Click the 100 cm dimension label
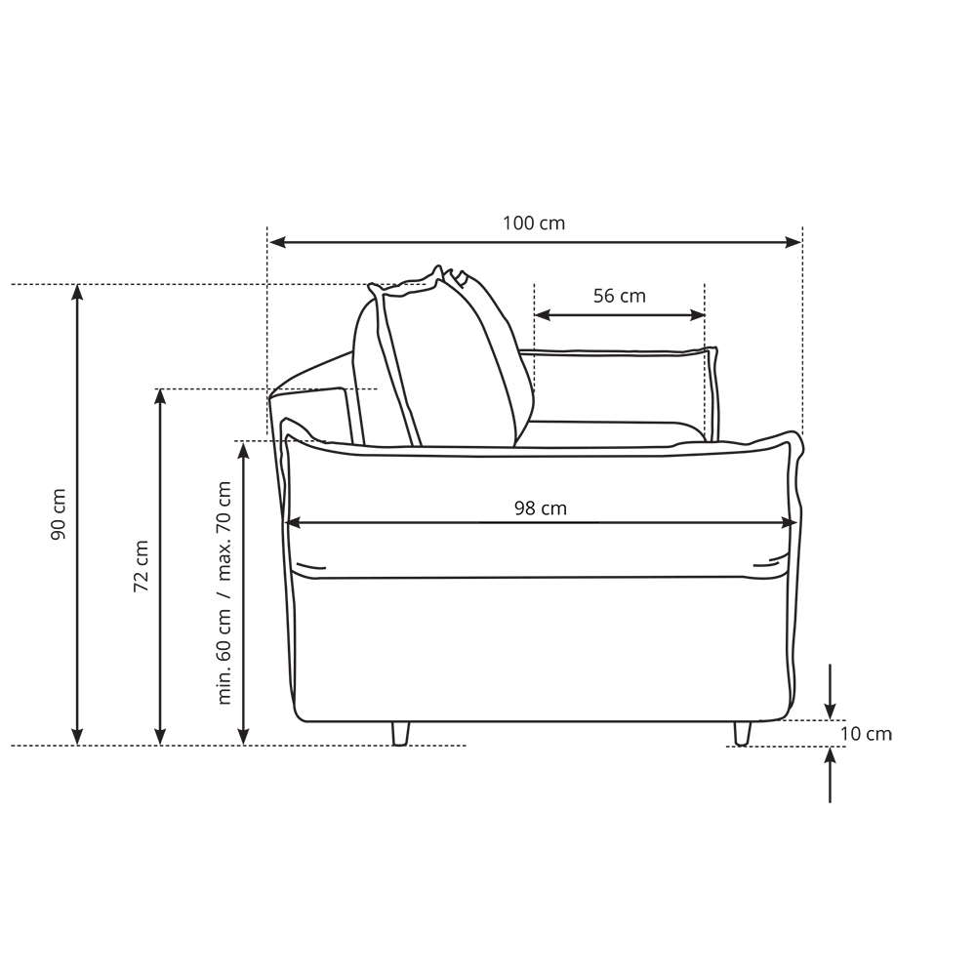tap(534, 223)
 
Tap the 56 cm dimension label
tap(620, 296)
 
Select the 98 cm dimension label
tap(541, 508)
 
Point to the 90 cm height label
tap(59, 514)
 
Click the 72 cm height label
tap(142, 566)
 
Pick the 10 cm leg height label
tap(866, 734)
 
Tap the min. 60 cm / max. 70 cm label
tap(224, 592)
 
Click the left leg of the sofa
tap(400, 733)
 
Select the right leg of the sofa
tap(742, 733)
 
